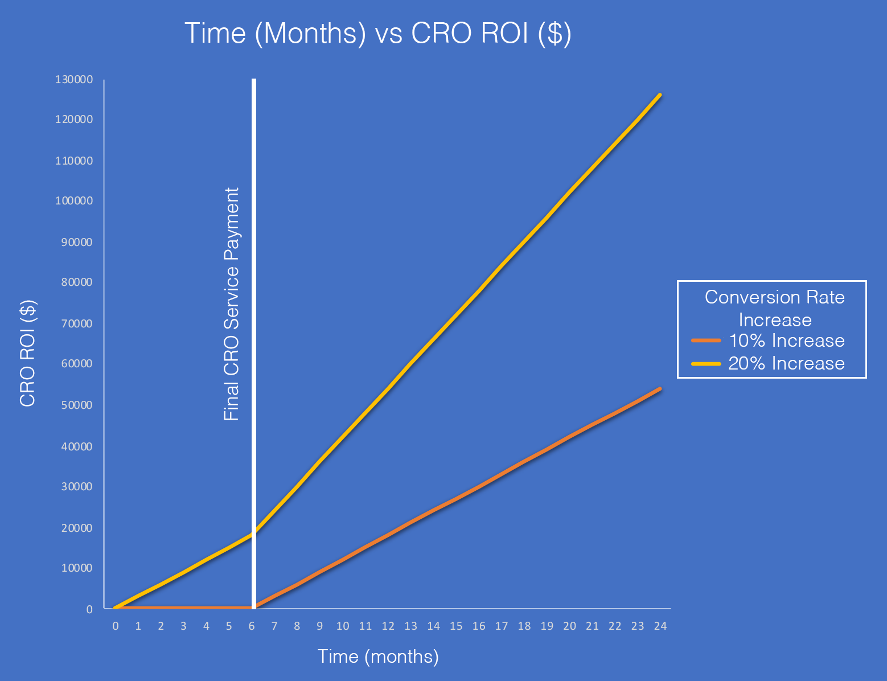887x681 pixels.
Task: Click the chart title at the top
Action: coord(378,33)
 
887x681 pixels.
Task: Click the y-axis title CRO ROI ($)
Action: coord(28,354)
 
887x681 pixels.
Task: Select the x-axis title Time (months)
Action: coord(378,657)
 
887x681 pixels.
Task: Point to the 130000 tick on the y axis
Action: coord(74,79)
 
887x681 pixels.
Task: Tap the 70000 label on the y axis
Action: coord(76,323)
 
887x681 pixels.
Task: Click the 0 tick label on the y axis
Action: coord(89,609)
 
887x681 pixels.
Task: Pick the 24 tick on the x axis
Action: coord(660,626)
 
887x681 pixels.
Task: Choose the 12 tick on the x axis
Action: coord(388,626)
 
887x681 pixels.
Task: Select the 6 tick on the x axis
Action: coord(252,626)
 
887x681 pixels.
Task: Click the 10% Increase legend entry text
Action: coord(786,340)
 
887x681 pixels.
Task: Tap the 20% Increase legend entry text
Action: coord(786,363)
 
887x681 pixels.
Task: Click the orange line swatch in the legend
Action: coord(706,340)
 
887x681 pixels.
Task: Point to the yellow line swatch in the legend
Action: coord(706,363)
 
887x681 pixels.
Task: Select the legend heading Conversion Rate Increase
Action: coord(774,308)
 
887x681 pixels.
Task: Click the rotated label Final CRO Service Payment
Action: coord(232,304)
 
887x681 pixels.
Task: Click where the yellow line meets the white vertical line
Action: coord(254,533)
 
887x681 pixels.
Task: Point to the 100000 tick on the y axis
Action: coord(74,201)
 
